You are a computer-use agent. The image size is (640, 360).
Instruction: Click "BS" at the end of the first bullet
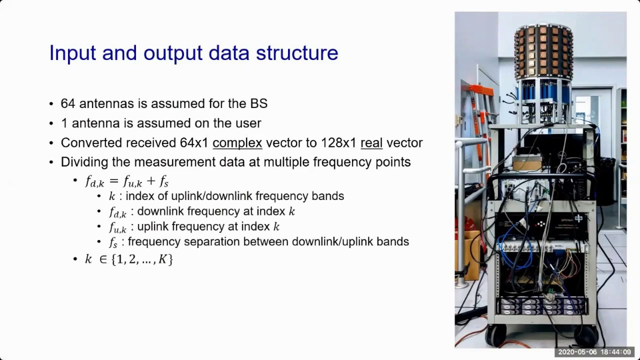click(258, 103)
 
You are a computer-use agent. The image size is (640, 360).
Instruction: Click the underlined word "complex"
click(237, 142)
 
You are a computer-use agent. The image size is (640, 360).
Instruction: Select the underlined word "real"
click(371, 142)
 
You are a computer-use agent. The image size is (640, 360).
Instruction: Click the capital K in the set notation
click(162, 259)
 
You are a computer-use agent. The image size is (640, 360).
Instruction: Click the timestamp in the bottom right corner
click(594, 352)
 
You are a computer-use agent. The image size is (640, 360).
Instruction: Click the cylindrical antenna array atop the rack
click(543, 50)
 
